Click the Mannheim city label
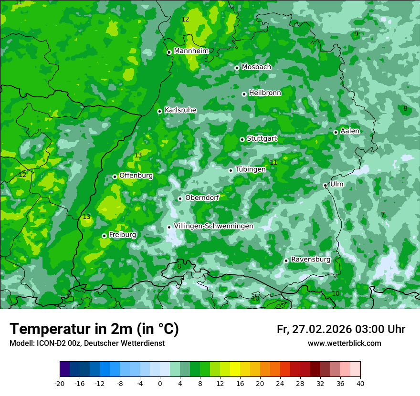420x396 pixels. (x=191, y=51)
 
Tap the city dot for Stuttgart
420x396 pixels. (x=242, y=139)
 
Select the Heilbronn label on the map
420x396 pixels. (x=265, y=93)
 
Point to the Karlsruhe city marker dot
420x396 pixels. (x=160, y=111)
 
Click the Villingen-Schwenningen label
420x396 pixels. (x=213, y=226)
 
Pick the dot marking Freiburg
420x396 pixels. (x=104, y=236)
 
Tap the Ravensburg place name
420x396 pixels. (x=311, y=260)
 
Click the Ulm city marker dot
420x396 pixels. (x=325, y=185)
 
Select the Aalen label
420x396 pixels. (x=350, y=131)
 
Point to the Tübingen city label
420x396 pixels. (x=251, y=169)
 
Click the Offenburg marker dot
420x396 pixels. (x=115, y=177)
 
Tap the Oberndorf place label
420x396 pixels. (x=202, y=198)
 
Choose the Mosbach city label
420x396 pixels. (x=256, y=67)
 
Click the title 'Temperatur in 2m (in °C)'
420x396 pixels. (x=94, y=329)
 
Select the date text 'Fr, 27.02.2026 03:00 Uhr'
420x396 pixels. (x=341, y=329)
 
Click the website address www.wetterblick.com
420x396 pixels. (x=344, y=344)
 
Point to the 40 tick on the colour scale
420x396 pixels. (x=360, y=383)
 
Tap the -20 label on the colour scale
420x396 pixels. (x=60, y=383)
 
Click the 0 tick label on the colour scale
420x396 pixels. (x=160, y=383)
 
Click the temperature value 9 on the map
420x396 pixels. (x=356, y=34)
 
